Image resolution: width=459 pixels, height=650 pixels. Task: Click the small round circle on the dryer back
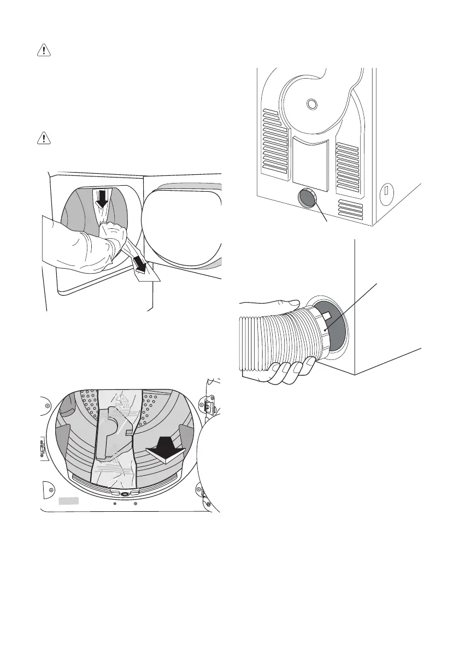pos(311,103)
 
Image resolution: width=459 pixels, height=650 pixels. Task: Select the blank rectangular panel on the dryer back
pos(310,159)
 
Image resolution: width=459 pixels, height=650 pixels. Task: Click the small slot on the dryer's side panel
pos(386,191)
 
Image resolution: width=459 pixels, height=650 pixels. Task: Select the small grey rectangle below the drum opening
pos(69,500)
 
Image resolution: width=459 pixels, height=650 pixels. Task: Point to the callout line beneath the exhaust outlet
pos(322,216)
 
